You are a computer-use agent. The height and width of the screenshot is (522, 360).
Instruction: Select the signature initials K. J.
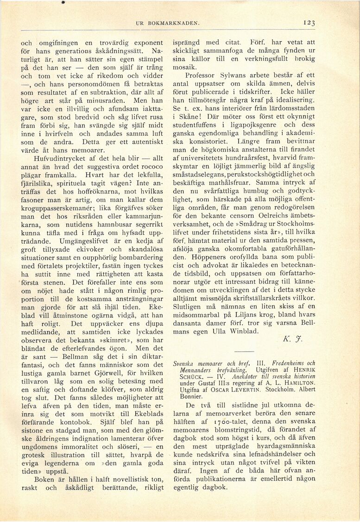pos(292,339)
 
